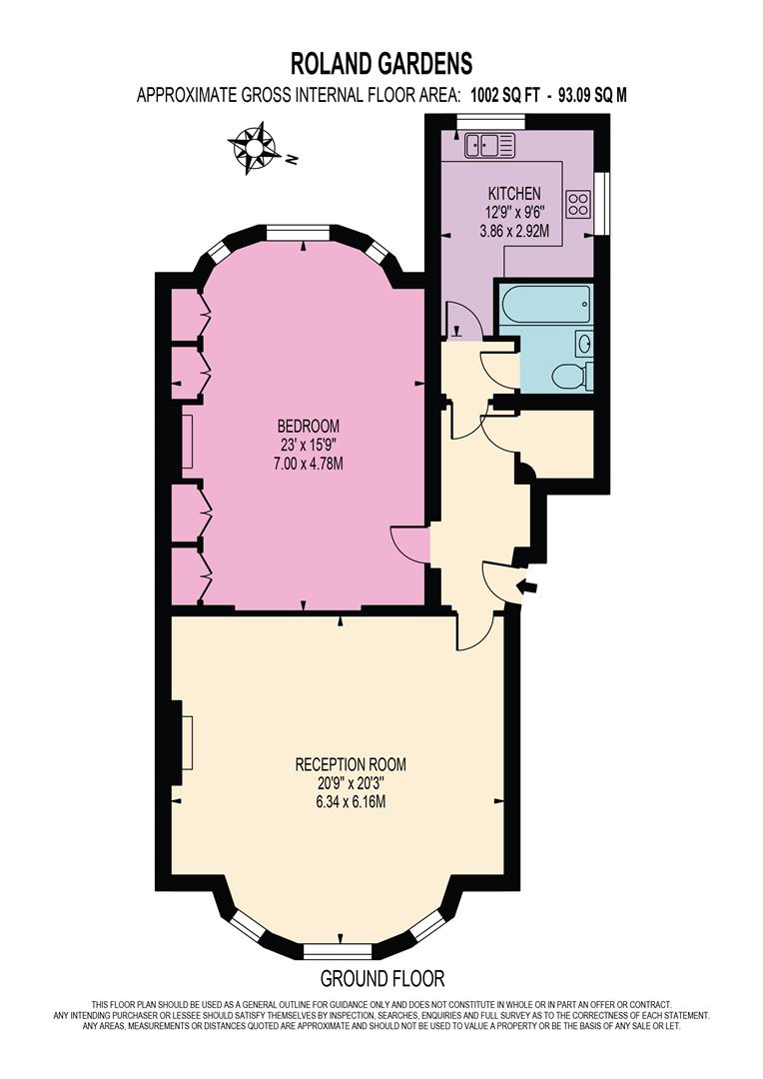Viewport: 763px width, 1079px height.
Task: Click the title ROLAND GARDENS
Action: click(x=381, y=63)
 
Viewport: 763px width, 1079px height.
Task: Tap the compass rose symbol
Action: click(x=254, y=147)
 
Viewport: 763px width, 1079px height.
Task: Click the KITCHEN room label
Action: click(x=514, y=194)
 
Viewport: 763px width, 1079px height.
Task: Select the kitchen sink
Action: click(x=489, y=145)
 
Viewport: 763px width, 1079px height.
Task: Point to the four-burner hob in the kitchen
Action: click(x=578, y=203)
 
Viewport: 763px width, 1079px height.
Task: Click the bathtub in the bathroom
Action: click(x=544, y=302)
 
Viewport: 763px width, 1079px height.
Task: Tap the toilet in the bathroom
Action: click(x=570, y=376)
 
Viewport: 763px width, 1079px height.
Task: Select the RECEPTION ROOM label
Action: click(x=351, y=764)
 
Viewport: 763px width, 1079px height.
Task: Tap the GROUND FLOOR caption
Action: click(x=382, y=978)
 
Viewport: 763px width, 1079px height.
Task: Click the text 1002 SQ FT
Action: click(x=505, y=95)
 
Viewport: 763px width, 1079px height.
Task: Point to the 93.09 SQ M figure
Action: click(x=592, y=95)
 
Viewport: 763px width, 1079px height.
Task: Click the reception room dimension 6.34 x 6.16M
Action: click(x=351, y=801)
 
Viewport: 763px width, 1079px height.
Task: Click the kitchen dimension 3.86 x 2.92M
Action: click(x=514, y=232)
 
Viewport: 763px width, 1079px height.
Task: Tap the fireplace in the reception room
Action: click(x=183, y=742)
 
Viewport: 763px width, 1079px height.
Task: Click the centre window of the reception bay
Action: click(x=339, y=952)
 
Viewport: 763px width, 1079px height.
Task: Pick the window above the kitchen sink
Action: click(x=490, y=122)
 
